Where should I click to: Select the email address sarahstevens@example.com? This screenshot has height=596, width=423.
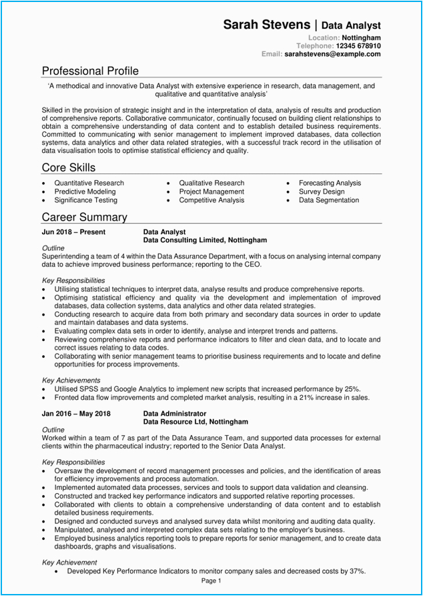(x=332, y=54)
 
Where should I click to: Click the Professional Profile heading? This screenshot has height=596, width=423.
(x=90, y=71)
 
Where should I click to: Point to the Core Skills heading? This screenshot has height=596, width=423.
(x=68, y=168)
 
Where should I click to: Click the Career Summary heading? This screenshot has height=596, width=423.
(x=84, y=217)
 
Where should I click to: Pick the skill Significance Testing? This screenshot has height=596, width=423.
(x=86, y=200)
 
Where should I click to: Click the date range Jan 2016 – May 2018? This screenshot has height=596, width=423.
(x=76, y=414)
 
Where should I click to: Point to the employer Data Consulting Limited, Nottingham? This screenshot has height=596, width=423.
(x=205, y=240)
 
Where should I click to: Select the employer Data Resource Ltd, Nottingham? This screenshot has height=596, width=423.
(x=196, y=422)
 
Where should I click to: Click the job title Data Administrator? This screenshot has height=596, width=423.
(x=175, y=414)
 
